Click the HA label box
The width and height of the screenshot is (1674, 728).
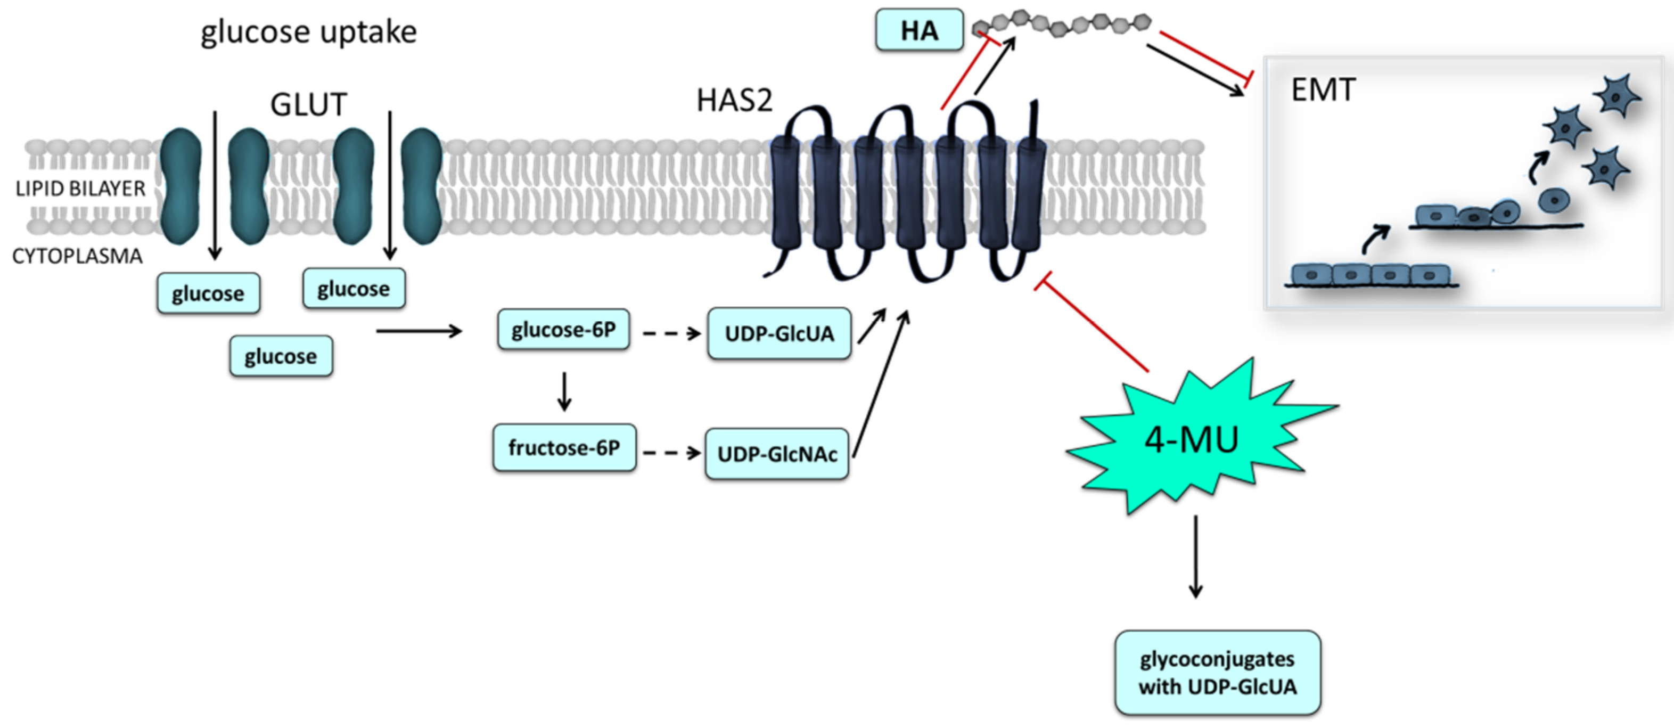919,30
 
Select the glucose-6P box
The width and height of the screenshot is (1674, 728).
563,330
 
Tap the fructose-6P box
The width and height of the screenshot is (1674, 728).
563,448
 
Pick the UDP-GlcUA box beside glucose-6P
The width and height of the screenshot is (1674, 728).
779,333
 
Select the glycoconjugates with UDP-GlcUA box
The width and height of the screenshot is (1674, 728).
1217,673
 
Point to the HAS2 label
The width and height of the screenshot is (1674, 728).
734,101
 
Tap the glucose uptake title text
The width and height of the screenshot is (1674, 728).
309,32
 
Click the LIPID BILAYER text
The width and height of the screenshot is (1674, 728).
80,189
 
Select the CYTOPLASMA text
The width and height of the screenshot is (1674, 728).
77,256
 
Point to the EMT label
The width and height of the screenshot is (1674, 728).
1323,89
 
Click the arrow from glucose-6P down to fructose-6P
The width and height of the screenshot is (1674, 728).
564,391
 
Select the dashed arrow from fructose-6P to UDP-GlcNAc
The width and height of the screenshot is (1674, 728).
671,452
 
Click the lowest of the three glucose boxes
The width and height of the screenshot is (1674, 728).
281,356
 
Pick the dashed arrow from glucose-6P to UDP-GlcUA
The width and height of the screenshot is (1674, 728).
671,333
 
